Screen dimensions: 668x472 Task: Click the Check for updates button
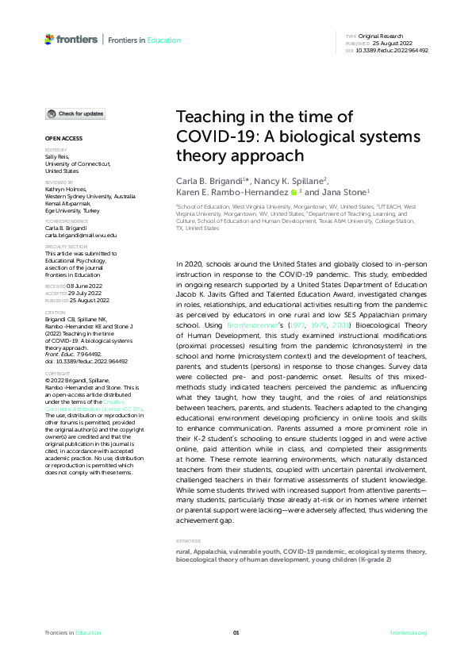click(75, 114)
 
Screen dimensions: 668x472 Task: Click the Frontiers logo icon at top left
click(50, 39)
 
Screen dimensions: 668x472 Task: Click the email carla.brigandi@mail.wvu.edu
click(80, 236)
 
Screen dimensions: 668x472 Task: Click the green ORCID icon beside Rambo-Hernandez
click(294, 192)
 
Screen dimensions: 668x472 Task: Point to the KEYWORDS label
click(189, 541)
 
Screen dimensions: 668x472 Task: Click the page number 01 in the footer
click(236, 632)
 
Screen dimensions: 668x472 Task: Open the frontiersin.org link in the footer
click(409, 632)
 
